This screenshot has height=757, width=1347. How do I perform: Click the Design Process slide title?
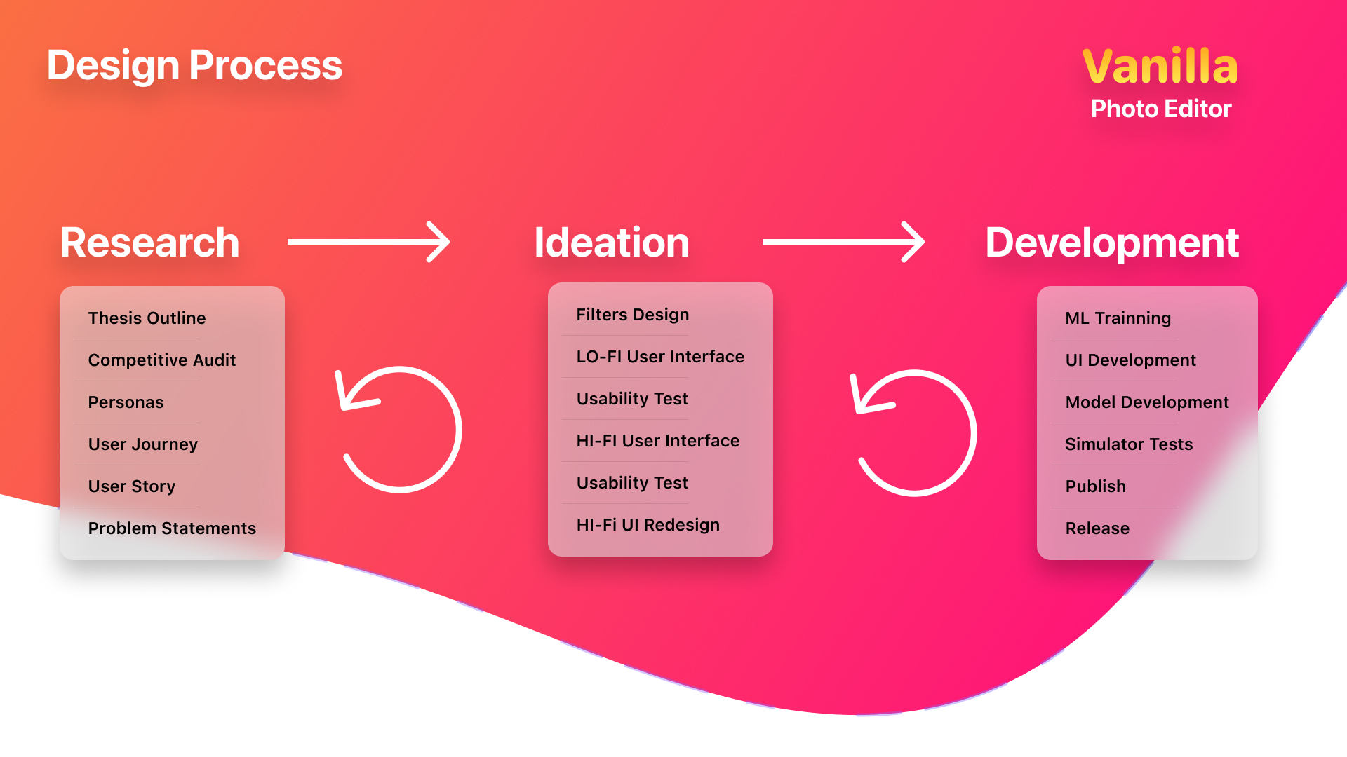point(194,66)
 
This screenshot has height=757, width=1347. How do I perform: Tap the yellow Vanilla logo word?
point(1160,67)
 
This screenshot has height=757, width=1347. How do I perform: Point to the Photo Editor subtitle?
point(1161,109)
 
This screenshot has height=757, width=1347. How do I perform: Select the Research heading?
point(149,243)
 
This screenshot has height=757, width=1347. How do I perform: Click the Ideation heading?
point(612,243)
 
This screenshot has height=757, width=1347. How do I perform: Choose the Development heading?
point(1112,243)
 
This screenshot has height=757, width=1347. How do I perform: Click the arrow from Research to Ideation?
point(368,242)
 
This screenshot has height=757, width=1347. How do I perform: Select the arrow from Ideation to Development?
point(843,242)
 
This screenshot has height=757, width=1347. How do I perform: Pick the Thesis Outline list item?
point(147,318)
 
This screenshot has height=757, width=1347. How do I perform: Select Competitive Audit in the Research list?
point(162,360)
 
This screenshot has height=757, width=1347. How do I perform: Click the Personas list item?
point(126,402)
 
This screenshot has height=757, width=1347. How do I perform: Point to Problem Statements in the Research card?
point(172,528)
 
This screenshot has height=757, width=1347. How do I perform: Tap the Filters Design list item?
point(633,315)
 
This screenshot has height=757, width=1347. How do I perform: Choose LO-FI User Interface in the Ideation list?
point(660,357)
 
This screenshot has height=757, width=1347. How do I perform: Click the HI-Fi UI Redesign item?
point(648,525)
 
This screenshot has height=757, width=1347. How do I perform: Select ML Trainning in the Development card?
point(1118,319)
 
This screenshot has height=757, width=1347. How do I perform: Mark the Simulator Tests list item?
point(1129,444)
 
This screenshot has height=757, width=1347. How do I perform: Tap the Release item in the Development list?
point(1097,528)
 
